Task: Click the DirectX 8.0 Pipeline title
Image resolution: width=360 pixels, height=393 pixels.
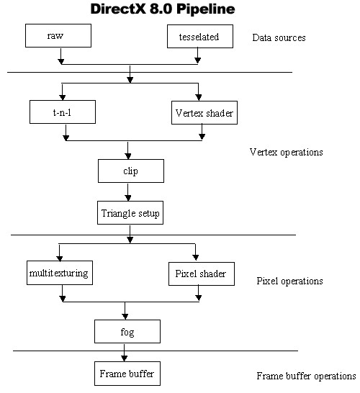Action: point(163,9)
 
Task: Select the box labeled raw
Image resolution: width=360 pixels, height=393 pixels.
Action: point(58,35)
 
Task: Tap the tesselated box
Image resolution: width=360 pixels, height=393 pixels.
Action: point(200,36)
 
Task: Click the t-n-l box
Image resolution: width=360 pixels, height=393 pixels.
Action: point(63,112)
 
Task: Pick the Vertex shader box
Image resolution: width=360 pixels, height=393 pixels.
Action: point(204,112)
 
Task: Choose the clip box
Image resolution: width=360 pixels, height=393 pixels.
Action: point(131,171)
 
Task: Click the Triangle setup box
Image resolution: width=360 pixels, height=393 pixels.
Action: point(130,212)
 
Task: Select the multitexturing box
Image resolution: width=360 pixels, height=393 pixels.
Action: point(60,273)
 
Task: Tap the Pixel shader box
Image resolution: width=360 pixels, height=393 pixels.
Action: point(202,274)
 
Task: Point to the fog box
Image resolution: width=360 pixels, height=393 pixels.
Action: point(127,331)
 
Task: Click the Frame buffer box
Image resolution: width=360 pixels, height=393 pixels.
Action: point(127,374)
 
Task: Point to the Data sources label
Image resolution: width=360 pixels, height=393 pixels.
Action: point(279,37)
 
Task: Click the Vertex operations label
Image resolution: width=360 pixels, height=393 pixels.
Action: point(286,152)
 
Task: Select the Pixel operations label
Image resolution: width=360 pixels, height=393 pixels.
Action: point(289,281)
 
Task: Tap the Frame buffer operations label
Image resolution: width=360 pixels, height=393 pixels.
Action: point(306,376)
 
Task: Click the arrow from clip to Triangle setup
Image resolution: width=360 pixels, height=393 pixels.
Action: point(128,192)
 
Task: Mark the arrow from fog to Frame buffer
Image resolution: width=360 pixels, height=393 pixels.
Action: point(124,353)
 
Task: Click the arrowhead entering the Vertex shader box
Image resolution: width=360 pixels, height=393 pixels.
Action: point(198,97)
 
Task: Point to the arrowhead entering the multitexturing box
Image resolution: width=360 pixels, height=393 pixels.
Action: point(60,258)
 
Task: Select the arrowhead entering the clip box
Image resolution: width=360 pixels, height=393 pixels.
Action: point(128,156)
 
